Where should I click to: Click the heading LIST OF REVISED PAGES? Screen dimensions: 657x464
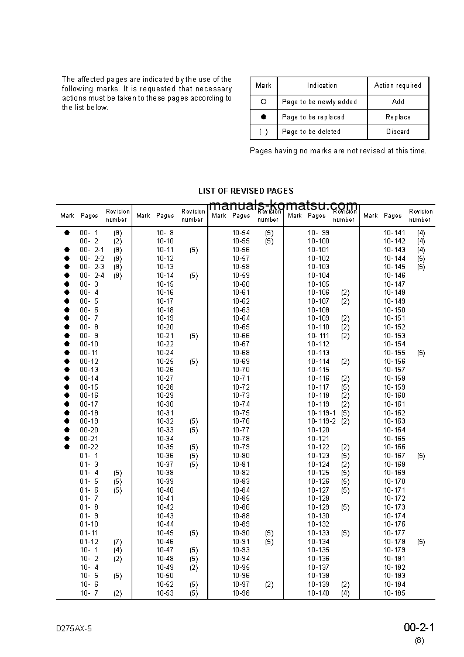(246, 191)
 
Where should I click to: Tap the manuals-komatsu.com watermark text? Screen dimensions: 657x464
(283, 205)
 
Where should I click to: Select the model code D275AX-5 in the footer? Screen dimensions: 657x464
(74, 628)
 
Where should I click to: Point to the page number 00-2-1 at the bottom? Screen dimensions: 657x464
(418, 628)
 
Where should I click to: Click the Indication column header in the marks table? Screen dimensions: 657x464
(322, 85)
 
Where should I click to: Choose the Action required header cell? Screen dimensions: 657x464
(398, 85)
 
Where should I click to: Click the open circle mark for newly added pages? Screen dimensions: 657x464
(263, 102)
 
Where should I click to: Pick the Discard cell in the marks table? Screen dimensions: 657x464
(398, 132)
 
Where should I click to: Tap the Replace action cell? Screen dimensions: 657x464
(398, 117)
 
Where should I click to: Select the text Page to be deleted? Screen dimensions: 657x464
(311, 132)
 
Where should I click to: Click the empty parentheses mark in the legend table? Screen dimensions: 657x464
(263, 132)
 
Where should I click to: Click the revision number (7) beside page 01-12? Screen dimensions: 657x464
(118, 542)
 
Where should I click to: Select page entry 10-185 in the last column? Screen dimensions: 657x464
(394, 593)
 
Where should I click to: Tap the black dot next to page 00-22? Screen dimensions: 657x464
(67, 447)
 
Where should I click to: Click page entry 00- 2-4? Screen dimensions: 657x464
(92, 276)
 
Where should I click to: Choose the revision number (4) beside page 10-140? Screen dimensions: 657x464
(345, 593)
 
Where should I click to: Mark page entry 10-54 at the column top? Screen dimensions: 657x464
(241, 233)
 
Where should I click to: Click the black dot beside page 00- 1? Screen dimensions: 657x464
(67, 233)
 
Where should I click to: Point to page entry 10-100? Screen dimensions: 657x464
(318, 241)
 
